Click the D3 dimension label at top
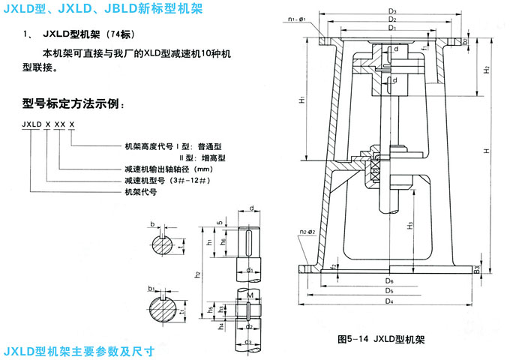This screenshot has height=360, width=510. pyautogui.click(x=392, y=10)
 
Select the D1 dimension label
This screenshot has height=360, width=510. pyautogui.click(x=392, y=27)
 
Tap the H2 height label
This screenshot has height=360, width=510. pyautogui.click(x=487, y=69)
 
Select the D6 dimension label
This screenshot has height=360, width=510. pyautogui.click(x=391, y=280)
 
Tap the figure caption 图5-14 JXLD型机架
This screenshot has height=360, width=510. pyautogui.click(x=382, y=339)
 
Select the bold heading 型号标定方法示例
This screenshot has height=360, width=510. pyautogui.click(x=71, y=103)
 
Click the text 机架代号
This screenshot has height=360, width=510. pyautogui.click(x=139, y=192)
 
